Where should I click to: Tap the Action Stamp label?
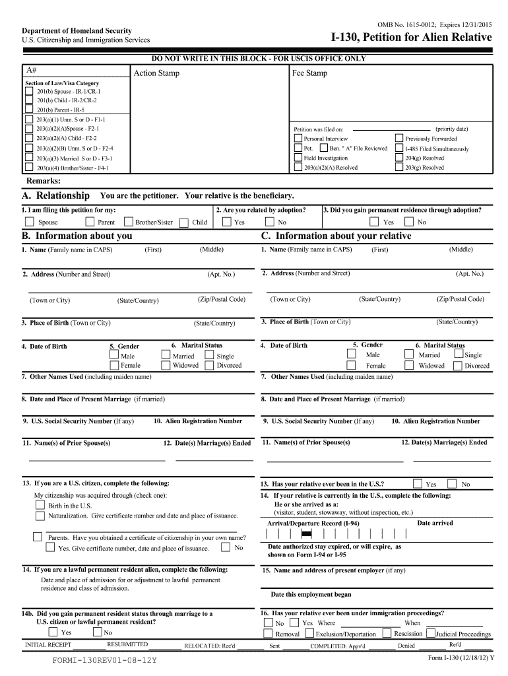pos(156,73)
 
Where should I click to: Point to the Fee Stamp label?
pos(309,73)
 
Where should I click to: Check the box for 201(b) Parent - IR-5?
pos(28,110)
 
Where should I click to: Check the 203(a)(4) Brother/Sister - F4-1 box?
pos(28,168)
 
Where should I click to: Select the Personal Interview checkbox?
pos(298,139)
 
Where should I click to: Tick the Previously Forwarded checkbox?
pos(398,139)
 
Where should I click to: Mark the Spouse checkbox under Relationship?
pos(29,222)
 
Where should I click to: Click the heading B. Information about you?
pos(77,236)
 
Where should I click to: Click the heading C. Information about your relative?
pos(336,236)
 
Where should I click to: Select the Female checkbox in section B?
pos(114,365)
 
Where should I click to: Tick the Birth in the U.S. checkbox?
pos(40,506)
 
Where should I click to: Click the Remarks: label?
pos(43,181)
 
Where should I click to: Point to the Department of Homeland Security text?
pos(77,30)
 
